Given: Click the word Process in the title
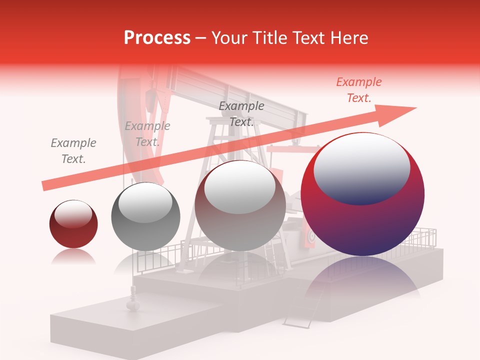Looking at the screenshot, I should [157, 38].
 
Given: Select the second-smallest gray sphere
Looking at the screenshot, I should [145, 216].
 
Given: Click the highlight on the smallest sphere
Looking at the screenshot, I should [73, 213].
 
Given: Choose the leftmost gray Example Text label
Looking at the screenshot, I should [73, 151].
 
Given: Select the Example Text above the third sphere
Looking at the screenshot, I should [241, 114].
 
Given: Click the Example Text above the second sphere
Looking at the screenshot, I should [147, 134].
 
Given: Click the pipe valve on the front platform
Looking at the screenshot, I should [132, 303].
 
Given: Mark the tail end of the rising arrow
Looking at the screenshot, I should [45, 186].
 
